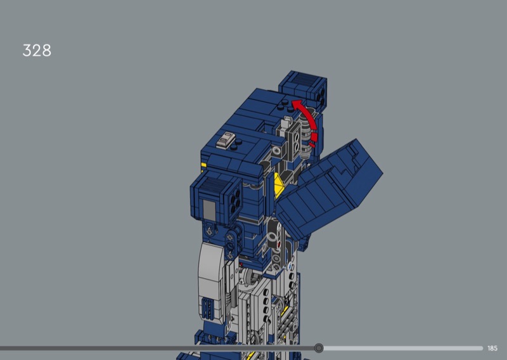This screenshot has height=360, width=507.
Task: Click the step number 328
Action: (x=37, y=51)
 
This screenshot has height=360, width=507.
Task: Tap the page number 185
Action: (x=492, y=349)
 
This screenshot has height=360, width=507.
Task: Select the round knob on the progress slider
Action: (x=319, y=348)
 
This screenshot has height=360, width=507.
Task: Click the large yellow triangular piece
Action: (x=279, y=184)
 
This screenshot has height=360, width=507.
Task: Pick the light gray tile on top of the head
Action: (x=226, y=139)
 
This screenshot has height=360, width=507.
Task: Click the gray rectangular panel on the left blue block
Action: (x=209, y=209)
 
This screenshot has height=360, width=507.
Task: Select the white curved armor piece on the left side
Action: (x=211, y=278)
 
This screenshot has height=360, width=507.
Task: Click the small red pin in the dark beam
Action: (x=279, y=245)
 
